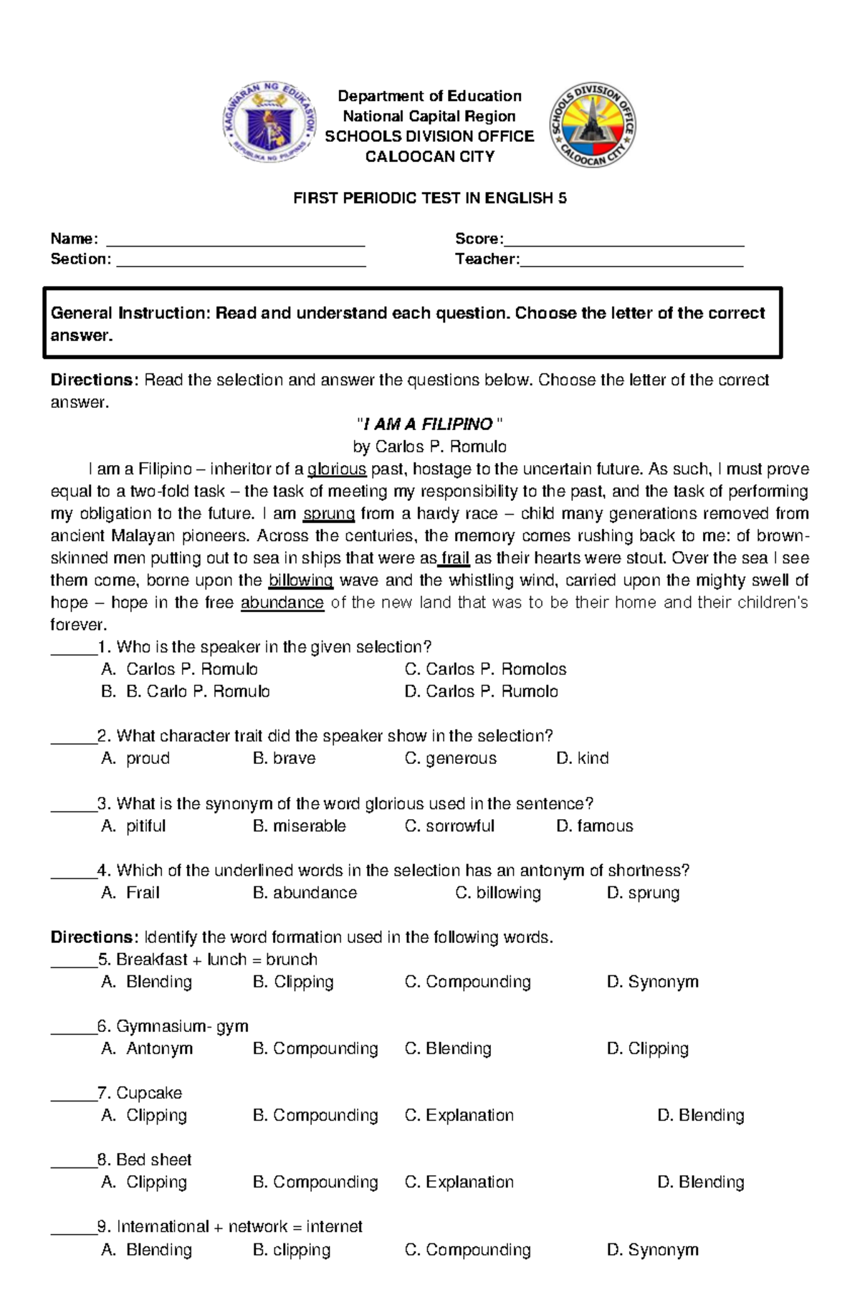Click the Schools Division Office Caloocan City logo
pos(593,125)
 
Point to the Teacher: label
pos(487,259)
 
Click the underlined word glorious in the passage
pos(337,469)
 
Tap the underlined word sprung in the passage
pos(329,514)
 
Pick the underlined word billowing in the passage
pos(300,580)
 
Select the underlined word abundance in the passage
pos(282,603)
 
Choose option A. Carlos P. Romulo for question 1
pos(181,669)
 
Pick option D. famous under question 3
pos(595,826)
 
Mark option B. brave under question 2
pos(285,758)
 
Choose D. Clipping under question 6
pos(647,1048)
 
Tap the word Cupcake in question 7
pos(149,1093)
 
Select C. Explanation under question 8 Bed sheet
pos(459,1182)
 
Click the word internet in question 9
pos(334,1226)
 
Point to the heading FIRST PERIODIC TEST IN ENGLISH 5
pos(429,199)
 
